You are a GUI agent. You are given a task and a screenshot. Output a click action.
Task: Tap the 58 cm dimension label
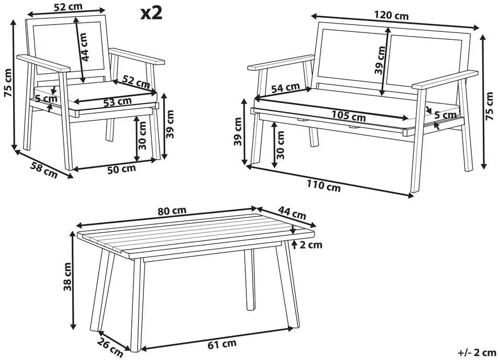(x=44, y=170)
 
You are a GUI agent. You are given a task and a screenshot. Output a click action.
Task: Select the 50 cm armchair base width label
(x=121, y=169)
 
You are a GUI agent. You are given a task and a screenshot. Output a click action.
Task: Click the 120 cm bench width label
(x=391, y=15)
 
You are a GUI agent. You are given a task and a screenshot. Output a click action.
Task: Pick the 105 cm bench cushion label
(x=348, y=116)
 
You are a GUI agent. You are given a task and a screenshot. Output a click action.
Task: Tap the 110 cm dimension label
(x=324, y=186)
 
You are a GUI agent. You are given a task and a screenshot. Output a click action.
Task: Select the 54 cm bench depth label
(x=286, y=88)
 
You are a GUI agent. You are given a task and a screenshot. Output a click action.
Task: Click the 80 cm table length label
(x=172, y=211)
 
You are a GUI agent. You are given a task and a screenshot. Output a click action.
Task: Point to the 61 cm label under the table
(x=222, y=344)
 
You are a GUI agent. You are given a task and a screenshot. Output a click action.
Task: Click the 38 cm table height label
(x=67, y=277)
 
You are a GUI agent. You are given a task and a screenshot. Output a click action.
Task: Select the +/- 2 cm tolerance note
(x=477, y=352)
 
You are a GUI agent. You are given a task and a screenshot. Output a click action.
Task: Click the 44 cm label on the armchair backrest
(x=84, y=47)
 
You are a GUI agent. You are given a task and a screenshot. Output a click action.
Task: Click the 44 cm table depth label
(x=292, y=213)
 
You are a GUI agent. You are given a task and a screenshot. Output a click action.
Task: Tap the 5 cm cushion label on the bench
(x=445, y=115)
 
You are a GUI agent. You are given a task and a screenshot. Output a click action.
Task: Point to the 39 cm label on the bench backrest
(x=380, y=60)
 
